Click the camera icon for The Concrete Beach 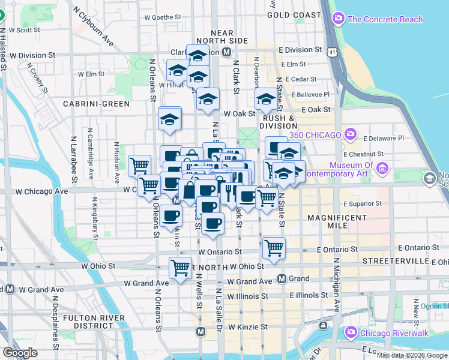coord(339,19)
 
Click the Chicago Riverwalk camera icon coord(351,332)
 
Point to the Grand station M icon coord(282,278)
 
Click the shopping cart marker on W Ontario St coord(274,247)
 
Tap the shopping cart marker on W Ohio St coord(180,268)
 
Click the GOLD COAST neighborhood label coord(294,14)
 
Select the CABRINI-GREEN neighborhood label coord(96,104)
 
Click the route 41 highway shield coord(332,53)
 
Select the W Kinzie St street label coord(247,327)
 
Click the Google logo coord(20,353)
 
